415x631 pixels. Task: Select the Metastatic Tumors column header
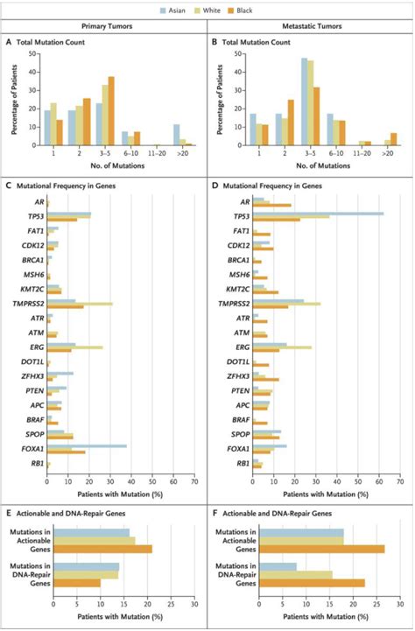pyautogui.click(x=311, y=26)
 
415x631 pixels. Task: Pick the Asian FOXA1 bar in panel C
pyautogui.click(x=88, y=445)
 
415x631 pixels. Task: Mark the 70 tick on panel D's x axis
pyautogui.click(x=400, y=480)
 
